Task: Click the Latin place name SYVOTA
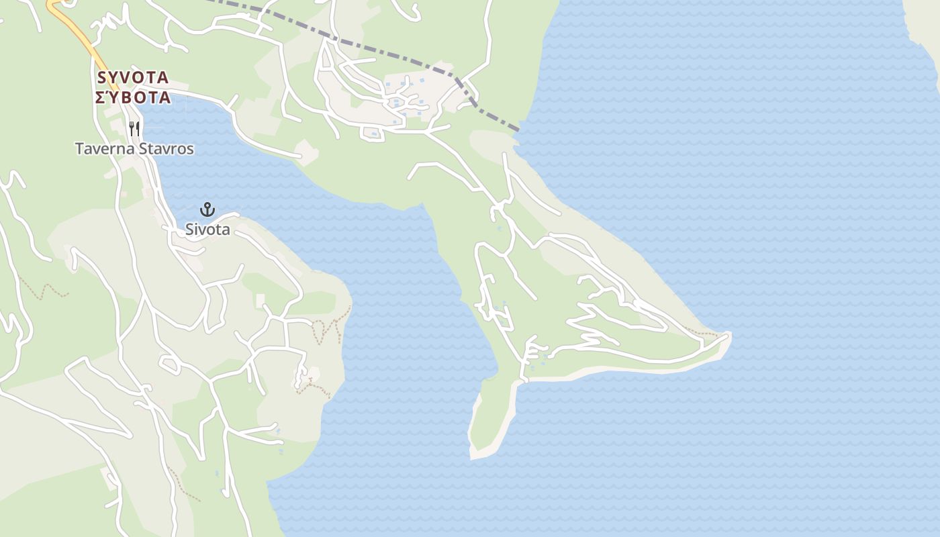click(x=133, y=77)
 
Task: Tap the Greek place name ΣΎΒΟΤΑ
click(x=133, y=98)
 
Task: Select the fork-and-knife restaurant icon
click(x=135, y=128)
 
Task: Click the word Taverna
click(x=104, y=149)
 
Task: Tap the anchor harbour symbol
click(x=207, y=209)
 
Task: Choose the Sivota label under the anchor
click(x=207, y=230)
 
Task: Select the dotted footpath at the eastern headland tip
click(x=702, y=332)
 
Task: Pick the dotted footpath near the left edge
click(x=44, y=290)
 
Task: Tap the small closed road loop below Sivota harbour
click(x=169, y=364)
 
